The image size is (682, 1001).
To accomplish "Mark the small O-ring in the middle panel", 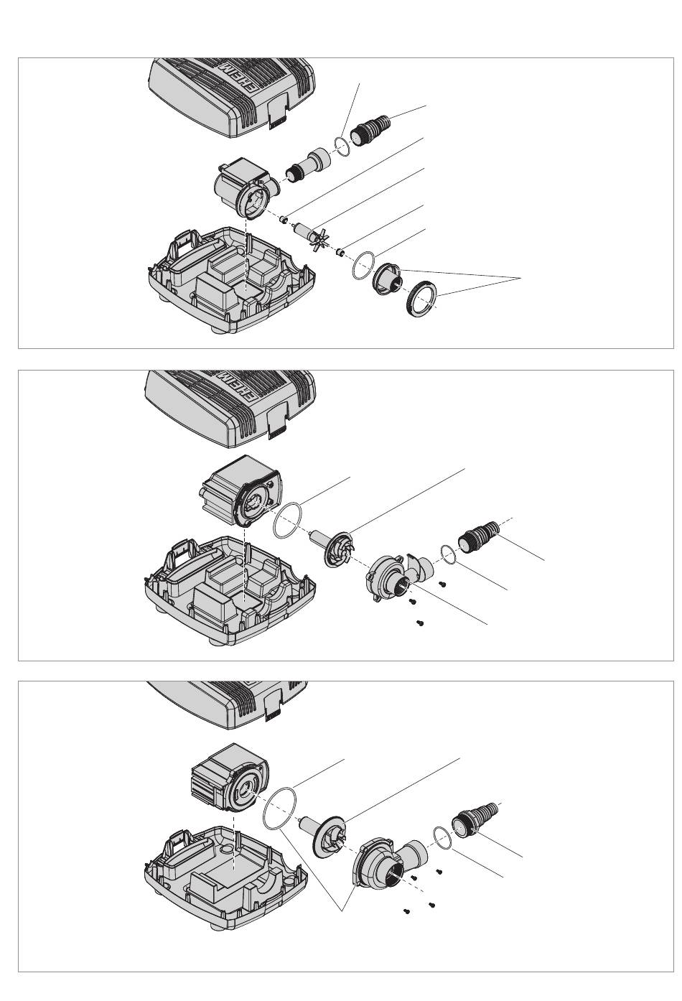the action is coord(447,554).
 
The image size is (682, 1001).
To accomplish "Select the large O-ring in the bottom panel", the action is coord(280,806).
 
